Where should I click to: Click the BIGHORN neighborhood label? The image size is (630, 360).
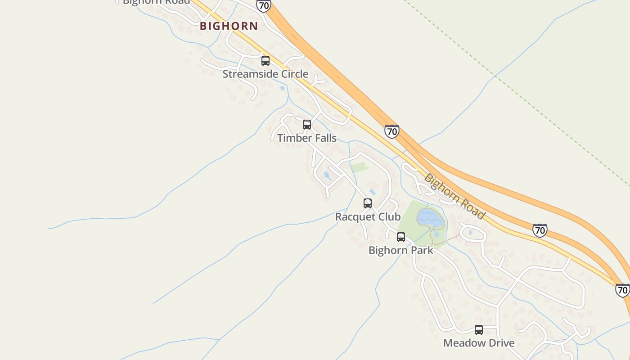tap(229, 26)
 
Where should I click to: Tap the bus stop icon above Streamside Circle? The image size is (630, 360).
tap(265, 61)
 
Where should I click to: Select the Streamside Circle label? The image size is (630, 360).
tap(265, 74)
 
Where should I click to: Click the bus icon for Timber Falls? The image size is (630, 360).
tap(307, 125)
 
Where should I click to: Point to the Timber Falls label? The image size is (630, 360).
tap(307, 138)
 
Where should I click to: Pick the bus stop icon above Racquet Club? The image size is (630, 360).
tap(368, 203)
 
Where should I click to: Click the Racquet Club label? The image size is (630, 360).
tap(368, 217)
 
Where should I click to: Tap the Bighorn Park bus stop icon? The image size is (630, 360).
tap(401, 237)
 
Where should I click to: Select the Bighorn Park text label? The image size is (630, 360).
tap(401, 250)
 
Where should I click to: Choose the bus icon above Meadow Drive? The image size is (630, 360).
tap(479, 330)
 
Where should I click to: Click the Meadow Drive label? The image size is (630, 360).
tap(479, 343)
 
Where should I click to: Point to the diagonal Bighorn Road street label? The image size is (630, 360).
tap(454, 197)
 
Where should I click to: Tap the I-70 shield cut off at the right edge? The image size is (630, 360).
tap(622, 290)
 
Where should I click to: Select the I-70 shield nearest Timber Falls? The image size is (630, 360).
tap(392, 131)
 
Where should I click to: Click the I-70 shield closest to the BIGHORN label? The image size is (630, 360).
tap(264, 5)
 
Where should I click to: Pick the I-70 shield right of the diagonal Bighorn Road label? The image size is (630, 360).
tap(540, 230)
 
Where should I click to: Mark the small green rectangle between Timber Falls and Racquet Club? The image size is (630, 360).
tap(360, 168)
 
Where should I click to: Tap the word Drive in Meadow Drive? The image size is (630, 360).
tap(498, 343)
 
